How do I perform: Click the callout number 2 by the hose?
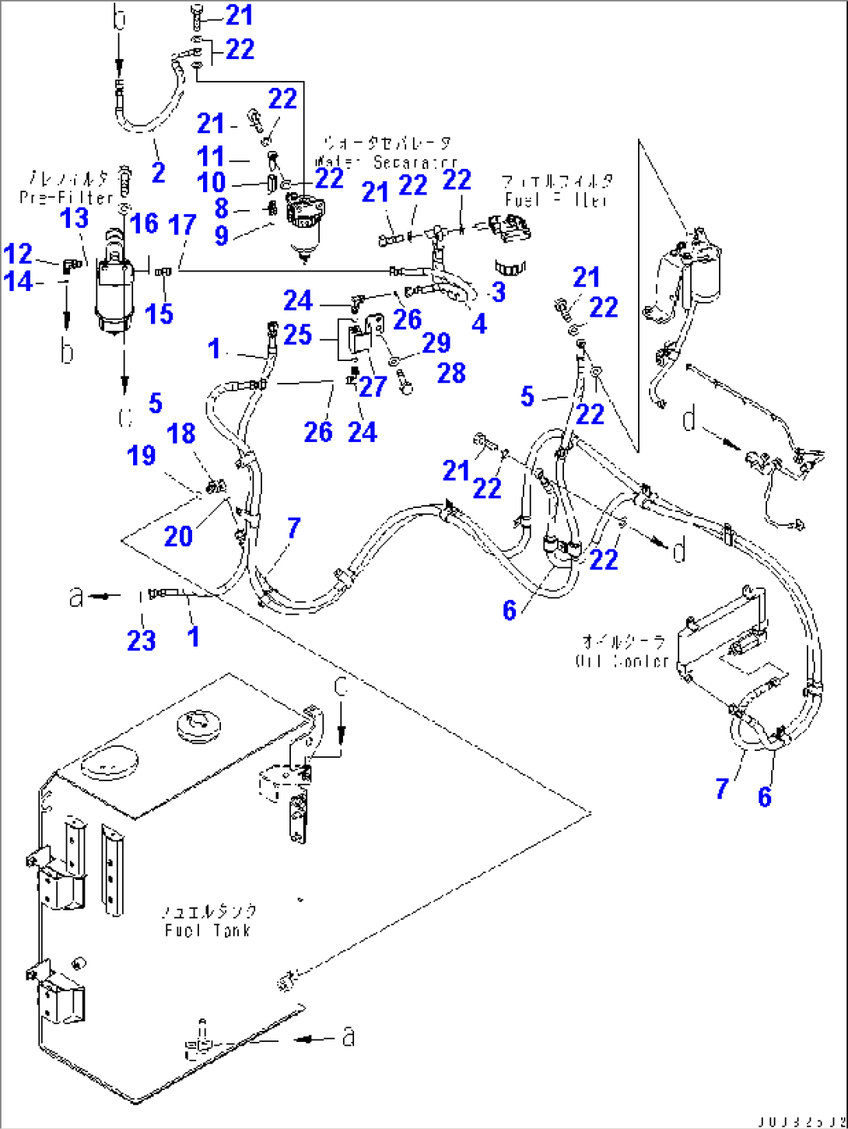point(159,172)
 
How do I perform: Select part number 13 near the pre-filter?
point(75,219)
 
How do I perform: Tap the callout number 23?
point(141,640)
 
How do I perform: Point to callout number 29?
point(436,343)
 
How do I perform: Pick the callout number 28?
point(450,373)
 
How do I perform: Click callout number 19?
point(142,455)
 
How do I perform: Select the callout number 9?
point(221,235)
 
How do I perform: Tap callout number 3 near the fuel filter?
point(499,292)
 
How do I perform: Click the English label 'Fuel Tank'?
point(208,930)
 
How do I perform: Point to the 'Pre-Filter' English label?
point(66,198)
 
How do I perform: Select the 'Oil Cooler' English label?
point(622,661)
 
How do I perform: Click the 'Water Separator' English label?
point(386,162)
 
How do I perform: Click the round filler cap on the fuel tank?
point(198,724)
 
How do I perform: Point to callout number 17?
point(182,226)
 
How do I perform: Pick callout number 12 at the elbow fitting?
point(18,254)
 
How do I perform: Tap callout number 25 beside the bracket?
point(297,335)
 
